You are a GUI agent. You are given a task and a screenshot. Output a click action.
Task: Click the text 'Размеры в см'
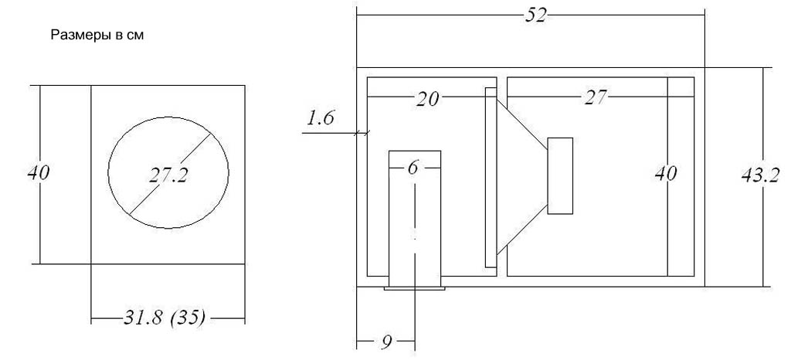97,36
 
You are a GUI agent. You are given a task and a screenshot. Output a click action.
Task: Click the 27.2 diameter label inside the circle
168,175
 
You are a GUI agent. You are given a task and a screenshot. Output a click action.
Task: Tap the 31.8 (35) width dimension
165,318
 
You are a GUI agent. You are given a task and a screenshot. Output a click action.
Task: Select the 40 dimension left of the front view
39,173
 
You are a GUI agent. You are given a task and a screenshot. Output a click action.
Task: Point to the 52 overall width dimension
536,15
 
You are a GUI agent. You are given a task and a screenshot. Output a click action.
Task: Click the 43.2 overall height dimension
760,175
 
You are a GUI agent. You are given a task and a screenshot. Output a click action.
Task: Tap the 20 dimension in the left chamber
427,99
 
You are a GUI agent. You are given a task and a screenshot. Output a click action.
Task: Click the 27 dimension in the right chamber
596,97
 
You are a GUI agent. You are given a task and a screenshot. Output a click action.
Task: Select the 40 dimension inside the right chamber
665,174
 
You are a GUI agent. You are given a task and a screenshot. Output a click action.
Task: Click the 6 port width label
413,168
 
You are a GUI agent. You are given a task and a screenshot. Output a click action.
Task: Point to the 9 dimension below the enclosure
386,342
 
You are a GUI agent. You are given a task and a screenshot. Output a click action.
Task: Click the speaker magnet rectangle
561,175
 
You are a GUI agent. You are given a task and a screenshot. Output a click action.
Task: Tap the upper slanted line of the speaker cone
523,124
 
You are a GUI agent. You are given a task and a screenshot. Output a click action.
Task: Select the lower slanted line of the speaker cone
523,229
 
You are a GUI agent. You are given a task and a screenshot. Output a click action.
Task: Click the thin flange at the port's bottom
415,288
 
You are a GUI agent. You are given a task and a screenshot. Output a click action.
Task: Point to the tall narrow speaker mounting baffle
491,178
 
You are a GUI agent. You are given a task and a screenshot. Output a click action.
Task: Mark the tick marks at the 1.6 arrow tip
362,133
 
